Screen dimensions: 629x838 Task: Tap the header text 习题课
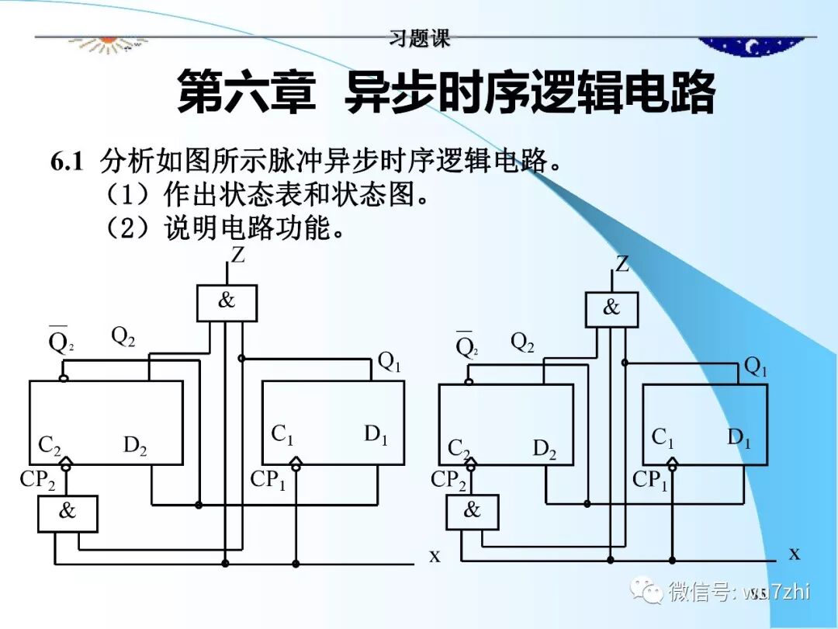420,39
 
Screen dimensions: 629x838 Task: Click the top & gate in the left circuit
227,302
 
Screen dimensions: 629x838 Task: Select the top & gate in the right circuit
611,309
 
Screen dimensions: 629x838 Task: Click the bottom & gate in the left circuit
68,513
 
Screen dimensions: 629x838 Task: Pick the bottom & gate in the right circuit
472,511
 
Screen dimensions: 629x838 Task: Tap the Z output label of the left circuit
237,255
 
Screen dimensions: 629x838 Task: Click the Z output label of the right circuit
622,264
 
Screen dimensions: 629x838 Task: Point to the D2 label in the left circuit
135,446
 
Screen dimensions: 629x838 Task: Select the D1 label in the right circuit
739,438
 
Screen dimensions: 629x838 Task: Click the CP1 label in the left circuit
268,480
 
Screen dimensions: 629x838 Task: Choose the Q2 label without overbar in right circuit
522,342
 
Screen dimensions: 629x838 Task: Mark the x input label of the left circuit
435,555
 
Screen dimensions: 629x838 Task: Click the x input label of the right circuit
795,553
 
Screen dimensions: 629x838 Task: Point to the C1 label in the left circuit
282,435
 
